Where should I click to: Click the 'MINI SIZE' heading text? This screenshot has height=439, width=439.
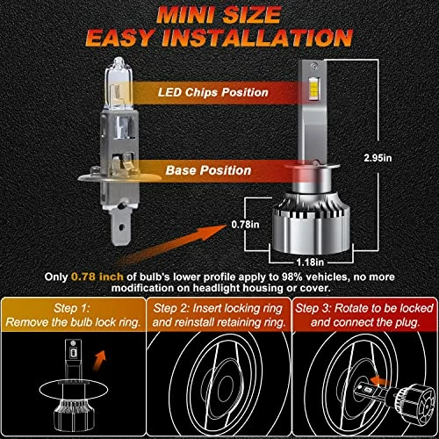point(219,15)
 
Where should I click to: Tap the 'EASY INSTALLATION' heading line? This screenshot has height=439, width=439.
point(219,38)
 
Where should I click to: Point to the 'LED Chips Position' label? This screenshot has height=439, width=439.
point(213,92)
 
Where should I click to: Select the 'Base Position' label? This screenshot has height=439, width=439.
point(208,170)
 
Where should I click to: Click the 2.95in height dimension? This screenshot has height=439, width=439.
point(378,158)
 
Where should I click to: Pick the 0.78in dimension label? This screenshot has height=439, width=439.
point(245,225)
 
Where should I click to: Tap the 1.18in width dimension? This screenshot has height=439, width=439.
point(310,262)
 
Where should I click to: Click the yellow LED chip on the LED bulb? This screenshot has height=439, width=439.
point(314,88)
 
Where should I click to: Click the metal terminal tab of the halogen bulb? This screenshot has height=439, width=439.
point(121,227)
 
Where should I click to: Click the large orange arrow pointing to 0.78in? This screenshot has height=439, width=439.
point(173,244)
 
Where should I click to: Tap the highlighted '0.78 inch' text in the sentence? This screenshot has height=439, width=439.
point(97,277)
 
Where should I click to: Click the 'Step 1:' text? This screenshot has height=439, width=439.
point(72,308)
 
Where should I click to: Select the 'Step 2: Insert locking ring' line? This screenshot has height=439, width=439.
point(218,308)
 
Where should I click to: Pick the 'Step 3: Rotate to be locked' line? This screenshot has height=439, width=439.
point(364,308)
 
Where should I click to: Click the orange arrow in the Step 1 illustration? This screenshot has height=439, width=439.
point(99,361)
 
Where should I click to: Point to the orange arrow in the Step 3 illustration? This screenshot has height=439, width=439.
point(380,381)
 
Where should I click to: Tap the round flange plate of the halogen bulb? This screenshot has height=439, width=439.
point(119,176)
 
